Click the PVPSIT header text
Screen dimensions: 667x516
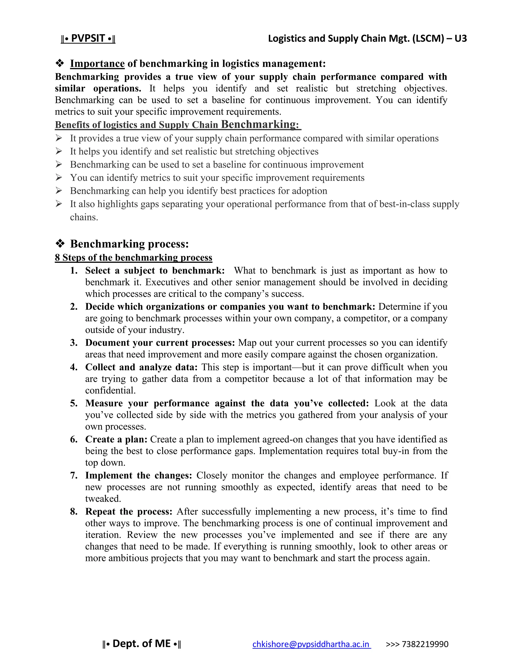click(88, 39)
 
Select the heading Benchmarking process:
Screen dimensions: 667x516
click(129, 244)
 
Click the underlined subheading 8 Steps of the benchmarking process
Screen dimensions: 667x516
click(133, 257)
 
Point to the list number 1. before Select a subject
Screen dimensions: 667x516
click(74, 271)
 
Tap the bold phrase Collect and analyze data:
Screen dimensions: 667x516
click(142, 367)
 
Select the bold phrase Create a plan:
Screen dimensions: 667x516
click(116, 439)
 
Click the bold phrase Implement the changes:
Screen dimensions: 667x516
click(139, 475)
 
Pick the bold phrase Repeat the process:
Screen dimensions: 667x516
click(129, 511)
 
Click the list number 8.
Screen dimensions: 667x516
click(74, 511)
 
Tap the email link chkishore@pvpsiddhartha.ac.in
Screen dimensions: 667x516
click(311, 644)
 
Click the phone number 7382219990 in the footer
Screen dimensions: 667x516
click(425, 644)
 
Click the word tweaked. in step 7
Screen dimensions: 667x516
click(103, 499)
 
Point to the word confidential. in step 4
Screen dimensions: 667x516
click(110, 390)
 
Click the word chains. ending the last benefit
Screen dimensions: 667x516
click(84, 217)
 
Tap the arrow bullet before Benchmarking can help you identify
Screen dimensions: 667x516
click(59, 191)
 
